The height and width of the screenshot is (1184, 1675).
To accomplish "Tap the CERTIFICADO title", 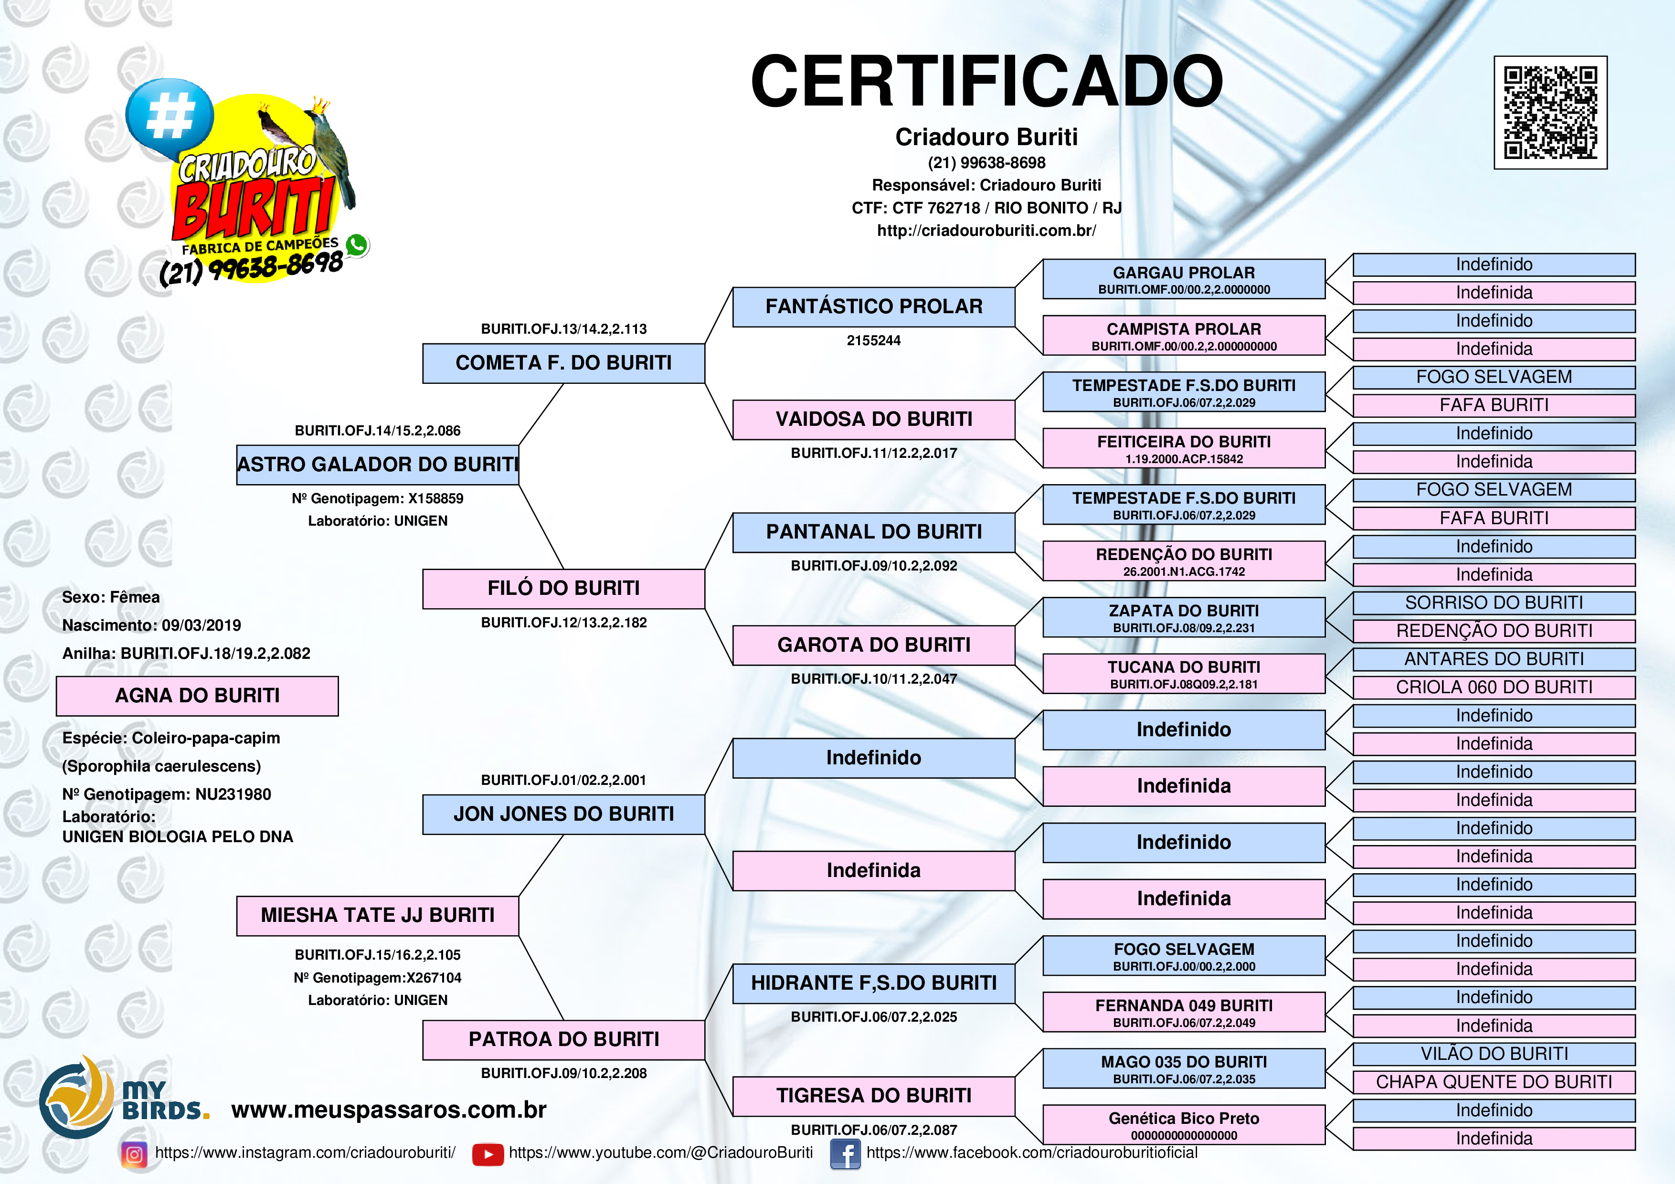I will click(986, 82).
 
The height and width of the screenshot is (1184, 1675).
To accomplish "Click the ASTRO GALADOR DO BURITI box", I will click(378, 465).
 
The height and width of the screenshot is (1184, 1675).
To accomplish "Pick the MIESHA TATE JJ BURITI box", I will click(378, 916).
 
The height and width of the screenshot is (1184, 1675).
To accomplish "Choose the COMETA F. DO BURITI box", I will click(563, 363).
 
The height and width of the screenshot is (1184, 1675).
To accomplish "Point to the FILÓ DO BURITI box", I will click(563, 589).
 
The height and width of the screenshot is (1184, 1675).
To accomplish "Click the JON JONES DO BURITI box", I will click(563, 814).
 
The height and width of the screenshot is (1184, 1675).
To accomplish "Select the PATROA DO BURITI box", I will click(563, 1039).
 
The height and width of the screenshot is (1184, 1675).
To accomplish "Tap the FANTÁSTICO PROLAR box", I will click(873, 307).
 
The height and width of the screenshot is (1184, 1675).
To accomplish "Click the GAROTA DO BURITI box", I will click(873, 645).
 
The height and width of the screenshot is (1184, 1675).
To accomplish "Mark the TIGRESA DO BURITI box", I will click(873, 1096).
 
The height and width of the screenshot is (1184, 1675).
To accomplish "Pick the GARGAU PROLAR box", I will click(1183, 279).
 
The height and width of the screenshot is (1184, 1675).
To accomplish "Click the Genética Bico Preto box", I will click(1183, 1124).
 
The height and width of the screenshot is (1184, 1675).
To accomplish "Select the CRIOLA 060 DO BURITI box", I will click(1494, 687).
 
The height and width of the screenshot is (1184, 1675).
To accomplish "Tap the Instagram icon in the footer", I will click(134, 1154).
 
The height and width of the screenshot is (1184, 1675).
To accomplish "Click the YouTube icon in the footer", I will click(488, 1154).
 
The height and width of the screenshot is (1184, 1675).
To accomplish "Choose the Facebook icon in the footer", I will click(845, 1154).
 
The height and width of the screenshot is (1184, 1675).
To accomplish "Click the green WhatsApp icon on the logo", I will click(357, 244).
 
